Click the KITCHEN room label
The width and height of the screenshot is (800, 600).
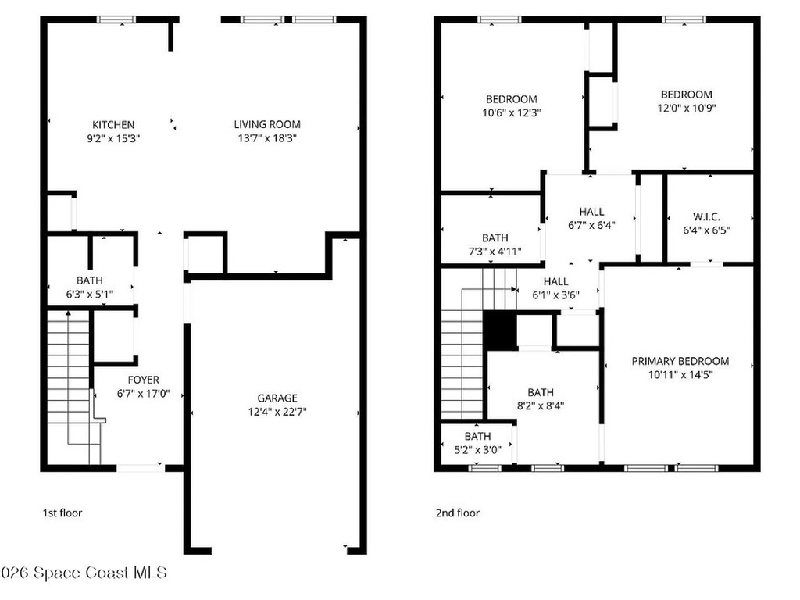(113, 125)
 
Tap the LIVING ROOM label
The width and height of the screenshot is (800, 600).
(267, 124)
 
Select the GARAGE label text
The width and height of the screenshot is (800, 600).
(277, 398)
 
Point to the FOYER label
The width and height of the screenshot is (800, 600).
(144, 380)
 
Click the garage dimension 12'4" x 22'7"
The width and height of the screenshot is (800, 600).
(277, 412)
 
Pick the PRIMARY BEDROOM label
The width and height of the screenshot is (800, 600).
(680, 361)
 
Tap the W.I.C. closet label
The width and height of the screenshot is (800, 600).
(706, 217)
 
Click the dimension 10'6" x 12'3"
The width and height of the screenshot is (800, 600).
(511, 112)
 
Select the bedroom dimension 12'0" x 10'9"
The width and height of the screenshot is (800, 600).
(687, 108)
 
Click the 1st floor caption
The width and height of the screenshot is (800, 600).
(62, 512)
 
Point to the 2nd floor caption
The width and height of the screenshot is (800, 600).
(458, 512)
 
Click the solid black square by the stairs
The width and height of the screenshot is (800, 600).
(500, 330)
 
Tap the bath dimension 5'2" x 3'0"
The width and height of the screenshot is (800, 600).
(477, 450)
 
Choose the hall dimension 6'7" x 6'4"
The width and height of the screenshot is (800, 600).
(592, 225)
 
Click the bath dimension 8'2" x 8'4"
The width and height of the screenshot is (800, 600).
(541, 406)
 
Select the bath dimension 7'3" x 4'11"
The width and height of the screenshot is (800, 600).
(495, 252)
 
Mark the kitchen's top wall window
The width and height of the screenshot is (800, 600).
(116, 20)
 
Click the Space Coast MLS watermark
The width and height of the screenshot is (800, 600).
(84, 573)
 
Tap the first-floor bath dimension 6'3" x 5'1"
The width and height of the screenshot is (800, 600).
(90, 295)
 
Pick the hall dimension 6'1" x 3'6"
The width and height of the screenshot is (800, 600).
(555, 295)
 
